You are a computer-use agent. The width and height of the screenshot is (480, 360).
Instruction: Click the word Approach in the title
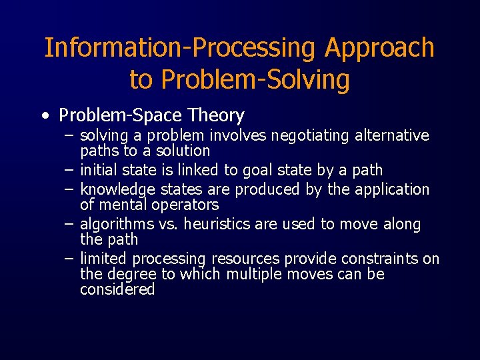(379, 49)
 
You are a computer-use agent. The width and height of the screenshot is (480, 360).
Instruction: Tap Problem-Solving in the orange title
(255, 79)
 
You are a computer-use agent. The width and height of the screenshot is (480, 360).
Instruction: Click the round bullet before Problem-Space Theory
(43, 116)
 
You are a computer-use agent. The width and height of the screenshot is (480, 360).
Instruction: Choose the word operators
(183, 204)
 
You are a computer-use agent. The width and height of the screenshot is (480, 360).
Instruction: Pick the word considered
(117, 289)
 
